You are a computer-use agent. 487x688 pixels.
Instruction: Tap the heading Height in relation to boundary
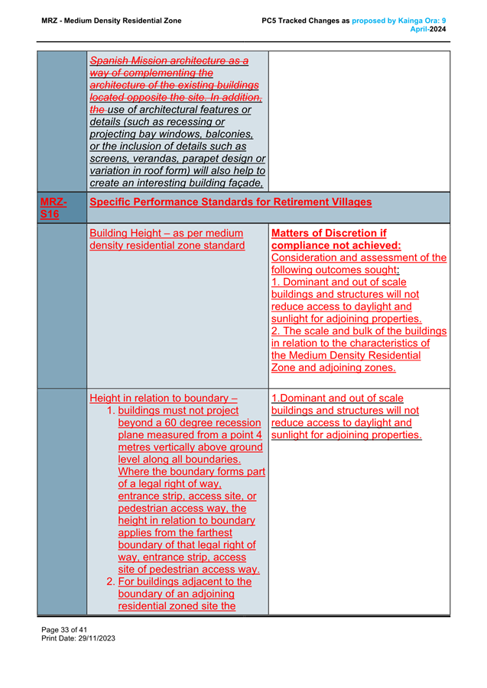pyautogui.click(x=164, y=398)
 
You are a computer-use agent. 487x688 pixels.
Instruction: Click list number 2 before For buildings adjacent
pyautogui.click(x=110, y=581)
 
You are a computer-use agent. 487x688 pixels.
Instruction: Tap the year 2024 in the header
pyautogui.click(x=438, y=28)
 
